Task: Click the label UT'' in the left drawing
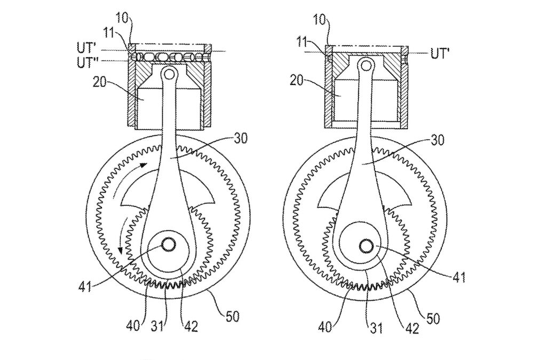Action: click(88, 62)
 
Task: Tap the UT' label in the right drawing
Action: click(440, 54)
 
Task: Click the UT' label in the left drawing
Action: click(86, 48)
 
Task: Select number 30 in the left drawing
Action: click(240, 138)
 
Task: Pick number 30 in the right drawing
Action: click(437, 140)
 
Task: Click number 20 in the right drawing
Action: click(296, 81)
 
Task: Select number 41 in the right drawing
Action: click(459, 277)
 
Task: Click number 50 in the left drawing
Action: click(232, 316)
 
